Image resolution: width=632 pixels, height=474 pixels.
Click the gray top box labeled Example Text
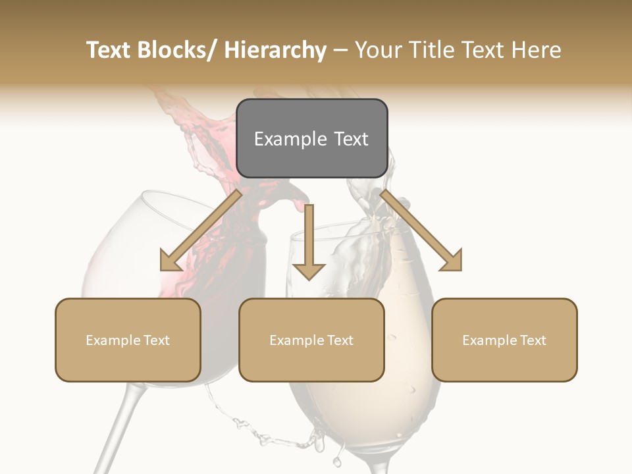click(312, 138)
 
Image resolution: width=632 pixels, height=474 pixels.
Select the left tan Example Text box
click(128, 340)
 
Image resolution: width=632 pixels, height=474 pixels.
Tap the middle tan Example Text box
click(311, 340)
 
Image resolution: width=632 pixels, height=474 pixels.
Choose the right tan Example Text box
click(504, 340)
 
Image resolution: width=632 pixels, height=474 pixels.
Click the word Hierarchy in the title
click(275, 50)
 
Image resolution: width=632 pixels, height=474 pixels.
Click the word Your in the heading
click(377, 50)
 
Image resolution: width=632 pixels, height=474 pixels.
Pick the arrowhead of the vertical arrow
click(309, 270)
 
